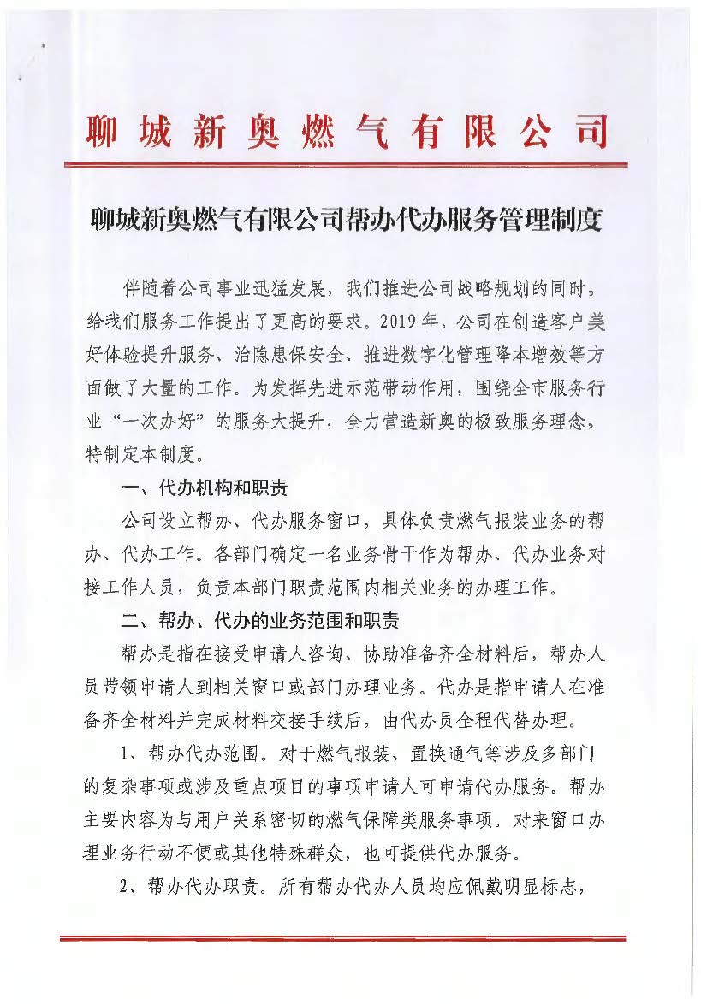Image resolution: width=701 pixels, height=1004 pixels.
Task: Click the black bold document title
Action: tap(347, 220)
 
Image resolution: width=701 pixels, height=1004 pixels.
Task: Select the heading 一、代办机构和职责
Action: tap(205, 487)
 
